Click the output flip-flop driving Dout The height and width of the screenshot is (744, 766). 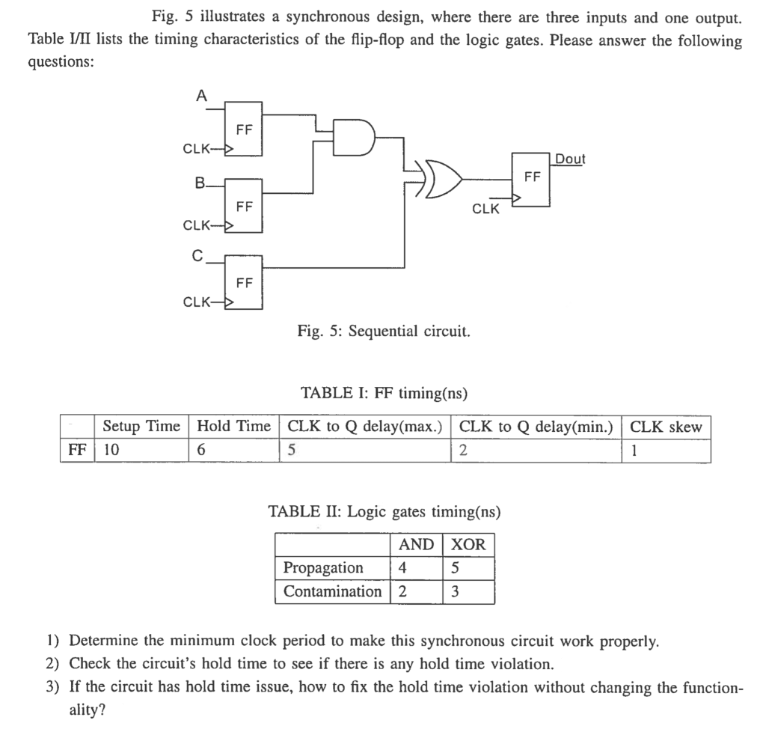tap(531, 178)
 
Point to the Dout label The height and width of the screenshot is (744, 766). tap(570, 159)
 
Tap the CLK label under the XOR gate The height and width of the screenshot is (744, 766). tap(485, 210)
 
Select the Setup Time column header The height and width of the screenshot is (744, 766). tap(141, 427)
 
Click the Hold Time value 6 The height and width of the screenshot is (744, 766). tap(201, 451)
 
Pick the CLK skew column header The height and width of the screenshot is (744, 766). tap(666, 427)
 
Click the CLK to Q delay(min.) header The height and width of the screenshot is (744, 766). tap(536, 427)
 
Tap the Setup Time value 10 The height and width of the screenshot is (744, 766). tap(111, 451)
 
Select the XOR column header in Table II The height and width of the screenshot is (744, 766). tap(469, 544)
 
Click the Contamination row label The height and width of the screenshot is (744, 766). tap(332, 591)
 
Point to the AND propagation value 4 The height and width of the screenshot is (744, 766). tap(403, 567)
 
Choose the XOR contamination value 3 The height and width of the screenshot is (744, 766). tap(456, 591)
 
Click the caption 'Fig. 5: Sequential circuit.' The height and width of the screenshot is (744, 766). tap(384, 331)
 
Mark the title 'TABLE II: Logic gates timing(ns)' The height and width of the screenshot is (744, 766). tap(384, 512)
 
